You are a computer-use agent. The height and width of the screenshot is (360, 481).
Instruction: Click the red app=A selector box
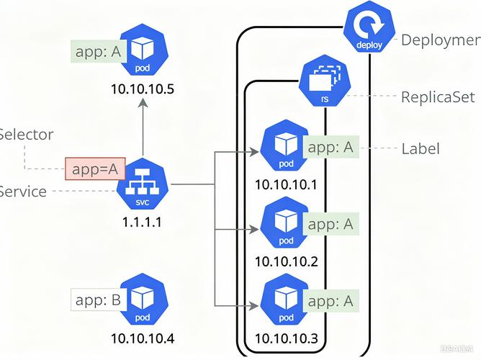coord(95,169)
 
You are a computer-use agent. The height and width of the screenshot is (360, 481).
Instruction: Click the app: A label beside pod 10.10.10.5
coord(97,52)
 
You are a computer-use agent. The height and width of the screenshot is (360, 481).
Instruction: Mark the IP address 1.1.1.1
coord(142,222)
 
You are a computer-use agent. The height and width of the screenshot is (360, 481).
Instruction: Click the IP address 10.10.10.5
coord(143,90)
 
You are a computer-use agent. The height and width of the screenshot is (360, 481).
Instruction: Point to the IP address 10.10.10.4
coord(143,338)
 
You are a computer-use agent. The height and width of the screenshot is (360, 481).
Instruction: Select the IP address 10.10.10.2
coord(286,261)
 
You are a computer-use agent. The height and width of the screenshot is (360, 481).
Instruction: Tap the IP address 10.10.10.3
coord(286,338)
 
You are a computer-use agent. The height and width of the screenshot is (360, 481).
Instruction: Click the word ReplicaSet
coord(438,96)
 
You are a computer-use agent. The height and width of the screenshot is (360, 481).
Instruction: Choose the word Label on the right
coord(420,149)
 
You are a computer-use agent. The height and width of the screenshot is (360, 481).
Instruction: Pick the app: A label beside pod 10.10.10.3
coord(330,300)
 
